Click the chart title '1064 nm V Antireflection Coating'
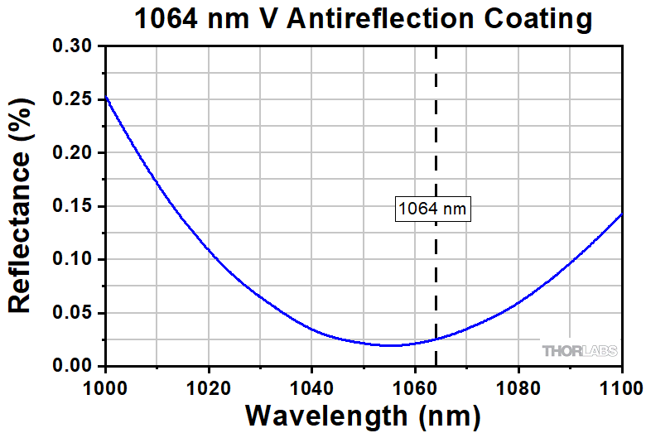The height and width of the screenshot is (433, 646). tap(364, 18)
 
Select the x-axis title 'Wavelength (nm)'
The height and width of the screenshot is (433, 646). tap(363, 413)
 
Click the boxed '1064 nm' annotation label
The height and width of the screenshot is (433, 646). tap(432, 209)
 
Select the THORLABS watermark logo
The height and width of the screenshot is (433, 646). tap(580, 351)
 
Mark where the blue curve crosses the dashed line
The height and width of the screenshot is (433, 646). tap(436, 339)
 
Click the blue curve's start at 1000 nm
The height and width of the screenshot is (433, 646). tap(106, 97)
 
